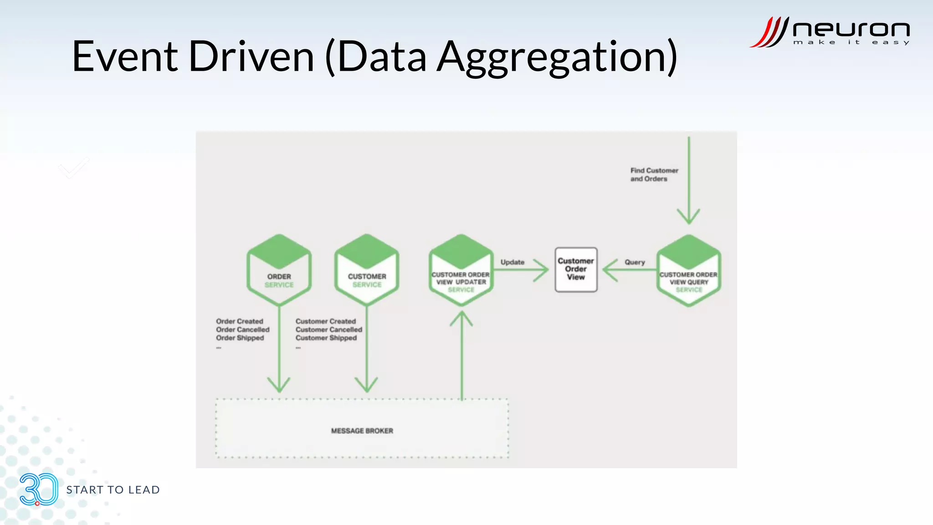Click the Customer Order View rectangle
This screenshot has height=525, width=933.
tap(576, 269)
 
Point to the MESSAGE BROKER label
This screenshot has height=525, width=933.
tap(362, 431)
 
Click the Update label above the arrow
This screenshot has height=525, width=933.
tap(513, 262)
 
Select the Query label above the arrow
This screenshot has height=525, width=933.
tap(635, 262)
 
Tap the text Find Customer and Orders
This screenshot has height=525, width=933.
tap(654, 175)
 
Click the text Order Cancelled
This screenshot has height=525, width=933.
tap(243, 329)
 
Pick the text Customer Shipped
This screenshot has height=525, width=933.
tap(326, 338)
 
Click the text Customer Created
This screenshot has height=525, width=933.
tap(325, 321)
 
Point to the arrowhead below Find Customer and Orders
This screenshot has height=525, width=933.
tap(688, 217)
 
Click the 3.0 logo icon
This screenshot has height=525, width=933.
tap(39, 489)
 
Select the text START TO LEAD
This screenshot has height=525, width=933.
tap(113, 490)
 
